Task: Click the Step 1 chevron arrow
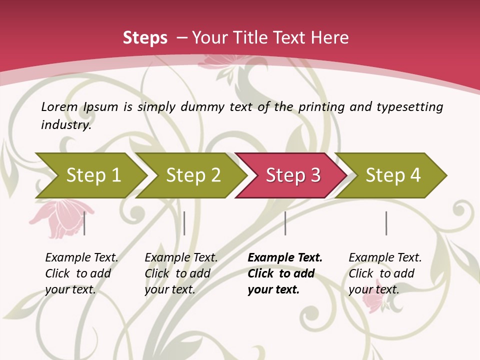(x=93, y=175)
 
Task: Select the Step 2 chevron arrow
(x=193, y=175)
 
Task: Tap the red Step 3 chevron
(x=293, y=175)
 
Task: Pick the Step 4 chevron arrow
(x=393, y=175)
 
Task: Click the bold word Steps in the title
(x=145, y=38)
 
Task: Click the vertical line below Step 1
(x=84, y=223)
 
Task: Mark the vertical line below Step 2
(x=184, y=223)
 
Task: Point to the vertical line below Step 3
(x=285, y=223)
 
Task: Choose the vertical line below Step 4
(x=386, y=223)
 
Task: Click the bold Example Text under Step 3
(x=285, y=258)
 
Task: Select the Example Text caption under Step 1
(x=81, y=258)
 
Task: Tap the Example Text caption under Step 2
(x=181, y=258)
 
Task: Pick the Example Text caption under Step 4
(x=385, y=258)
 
